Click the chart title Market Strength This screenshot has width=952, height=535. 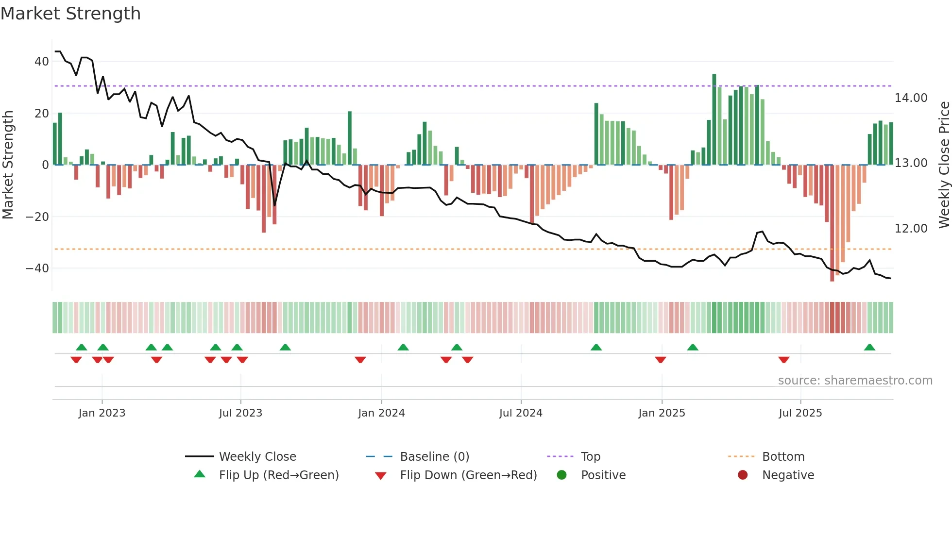click(71, 14)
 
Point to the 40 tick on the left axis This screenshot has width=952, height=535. click(42, 62)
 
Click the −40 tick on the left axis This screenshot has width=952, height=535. click(37, 268)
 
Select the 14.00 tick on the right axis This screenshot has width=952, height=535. click(911, 98)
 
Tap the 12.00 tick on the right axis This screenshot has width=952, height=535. click(911, 228)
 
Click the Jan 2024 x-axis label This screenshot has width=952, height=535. click(381, 413)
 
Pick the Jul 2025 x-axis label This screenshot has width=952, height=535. click(800, 413)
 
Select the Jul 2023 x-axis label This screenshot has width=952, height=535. click(240, 413)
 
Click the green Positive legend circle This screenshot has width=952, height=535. click(561, 475)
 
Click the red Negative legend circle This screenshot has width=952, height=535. click(743, 475)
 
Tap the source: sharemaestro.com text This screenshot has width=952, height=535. click(855, 381)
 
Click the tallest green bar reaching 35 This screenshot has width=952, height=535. click(714, 119)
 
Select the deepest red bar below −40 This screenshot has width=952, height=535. click(832, 223)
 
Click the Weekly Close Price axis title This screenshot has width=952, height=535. click(944, 165)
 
